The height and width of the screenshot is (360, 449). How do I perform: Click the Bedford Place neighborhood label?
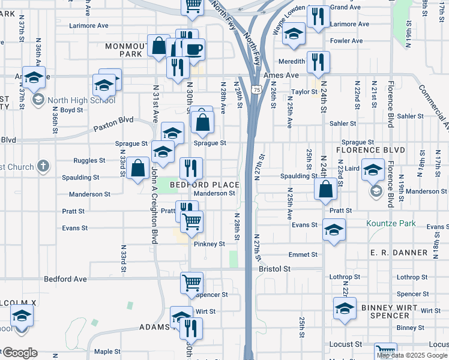coord(204,185)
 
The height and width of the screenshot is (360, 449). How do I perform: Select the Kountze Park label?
coord(391,223)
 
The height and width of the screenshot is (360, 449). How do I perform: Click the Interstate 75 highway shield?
coord(257,89)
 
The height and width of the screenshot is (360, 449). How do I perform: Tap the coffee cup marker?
coord(193,50)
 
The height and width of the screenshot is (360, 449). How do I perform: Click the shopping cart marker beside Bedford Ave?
coord(191,283)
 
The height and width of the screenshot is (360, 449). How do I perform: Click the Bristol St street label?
coord(274,269)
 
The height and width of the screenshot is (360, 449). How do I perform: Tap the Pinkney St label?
coord(209,244)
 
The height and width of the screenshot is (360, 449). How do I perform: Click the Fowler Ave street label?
coord(346,41)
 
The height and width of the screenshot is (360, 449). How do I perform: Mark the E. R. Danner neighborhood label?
coord(399,253)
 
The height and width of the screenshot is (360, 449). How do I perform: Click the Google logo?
coord(19,353)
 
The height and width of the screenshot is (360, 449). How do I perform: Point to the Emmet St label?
coord(303,254)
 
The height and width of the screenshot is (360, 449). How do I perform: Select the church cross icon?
coord(42,165)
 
